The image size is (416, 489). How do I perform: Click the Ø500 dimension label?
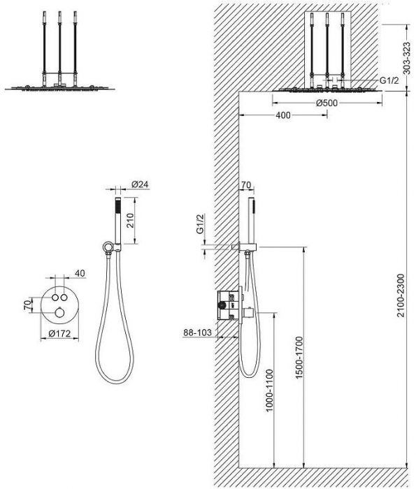327,103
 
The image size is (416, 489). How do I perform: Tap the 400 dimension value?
283,115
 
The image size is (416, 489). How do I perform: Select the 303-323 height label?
406,58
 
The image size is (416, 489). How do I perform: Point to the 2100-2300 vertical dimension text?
401,295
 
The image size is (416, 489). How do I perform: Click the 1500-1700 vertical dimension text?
299,358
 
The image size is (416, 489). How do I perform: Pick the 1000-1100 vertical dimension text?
269,390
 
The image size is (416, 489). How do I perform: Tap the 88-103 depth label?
197,333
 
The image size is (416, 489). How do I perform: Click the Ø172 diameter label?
59,334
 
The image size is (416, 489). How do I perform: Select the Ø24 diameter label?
140,184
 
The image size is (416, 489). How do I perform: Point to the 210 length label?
130,220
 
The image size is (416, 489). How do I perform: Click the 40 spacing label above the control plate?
80,273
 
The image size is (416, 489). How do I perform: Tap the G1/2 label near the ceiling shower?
389,80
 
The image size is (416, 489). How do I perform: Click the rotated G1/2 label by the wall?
200,224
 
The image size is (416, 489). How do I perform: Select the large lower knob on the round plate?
59,312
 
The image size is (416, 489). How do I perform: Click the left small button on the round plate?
55,297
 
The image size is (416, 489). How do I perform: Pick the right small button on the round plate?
64,297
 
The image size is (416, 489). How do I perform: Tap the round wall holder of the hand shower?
107,247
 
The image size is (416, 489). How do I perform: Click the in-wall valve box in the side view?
229,305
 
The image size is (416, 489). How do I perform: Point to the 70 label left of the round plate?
28,305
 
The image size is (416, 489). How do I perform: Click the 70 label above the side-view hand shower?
246,185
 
